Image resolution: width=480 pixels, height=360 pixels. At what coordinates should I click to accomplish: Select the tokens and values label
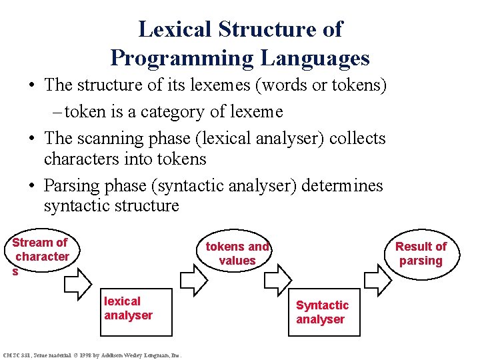tap(237, 253)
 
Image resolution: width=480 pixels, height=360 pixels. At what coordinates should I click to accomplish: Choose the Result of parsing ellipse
tap(421, 253)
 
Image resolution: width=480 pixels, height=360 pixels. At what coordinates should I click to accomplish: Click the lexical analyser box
tap(137, 311)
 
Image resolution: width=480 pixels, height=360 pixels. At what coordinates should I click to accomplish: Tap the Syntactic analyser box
tap(322, 311)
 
